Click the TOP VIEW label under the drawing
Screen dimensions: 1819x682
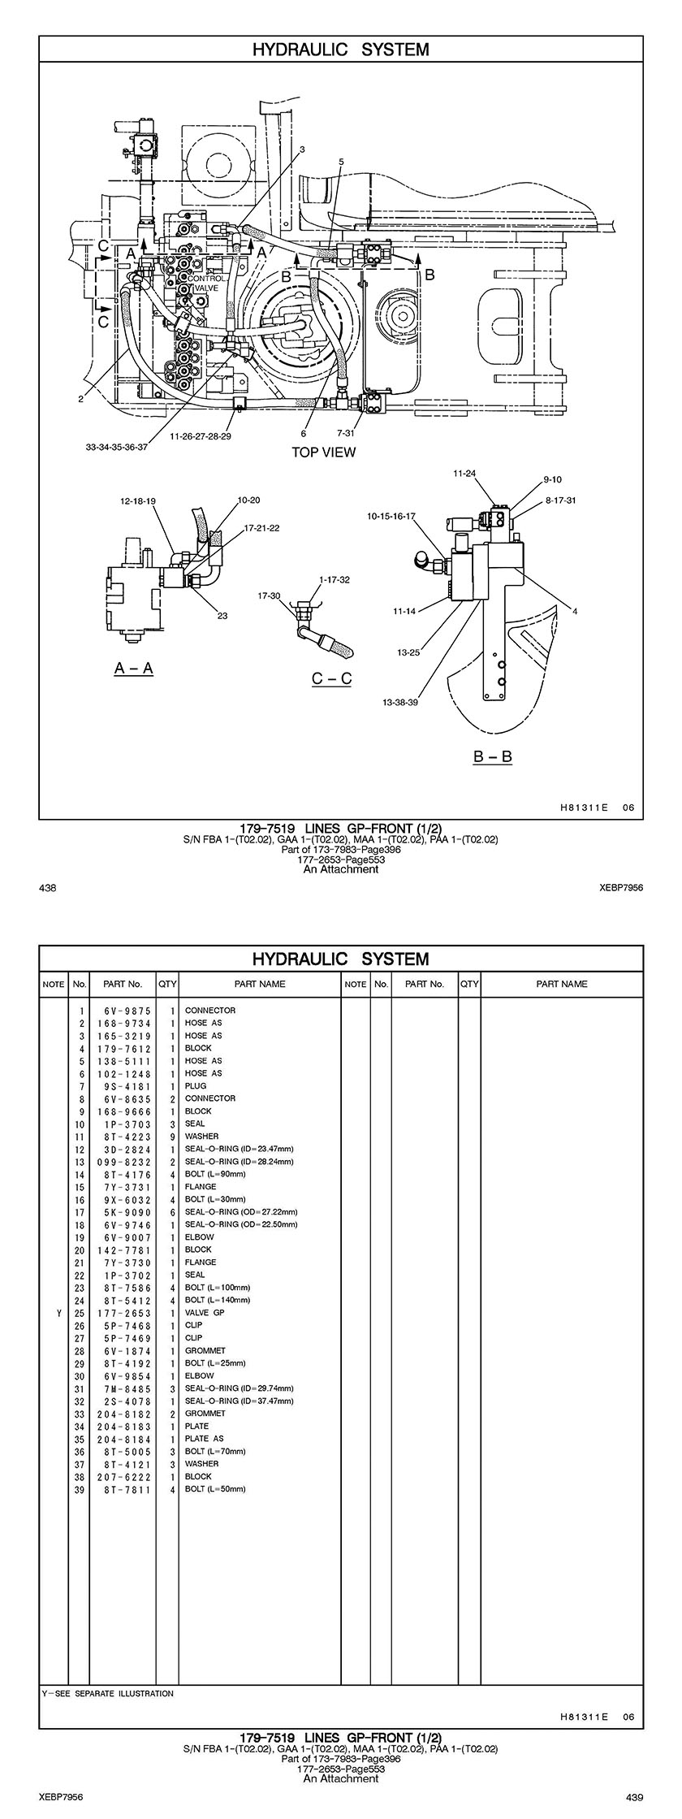coord(323,453)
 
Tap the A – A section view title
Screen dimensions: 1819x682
coord(134,668)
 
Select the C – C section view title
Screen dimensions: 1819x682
coord(331,678)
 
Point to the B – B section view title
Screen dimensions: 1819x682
coord(493,757)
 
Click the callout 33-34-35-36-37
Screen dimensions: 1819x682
coord(116,447)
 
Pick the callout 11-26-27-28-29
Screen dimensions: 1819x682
coord(201,436)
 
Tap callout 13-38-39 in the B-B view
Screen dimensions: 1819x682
coord(400,702)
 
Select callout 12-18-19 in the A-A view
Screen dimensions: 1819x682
coord(138,501)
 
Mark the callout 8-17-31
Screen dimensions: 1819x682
coord(561,500)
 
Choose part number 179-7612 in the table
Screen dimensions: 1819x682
coord(122,1048)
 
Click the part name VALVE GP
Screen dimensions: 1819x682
coord(205,1312)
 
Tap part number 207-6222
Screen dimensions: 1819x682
coord(122,1477)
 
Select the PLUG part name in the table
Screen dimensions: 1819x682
coord(196,1085)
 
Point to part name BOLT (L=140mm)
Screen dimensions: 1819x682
coord(217,1300)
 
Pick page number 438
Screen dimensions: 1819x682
coord(47,888)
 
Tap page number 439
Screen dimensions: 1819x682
coord(634,1796)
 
